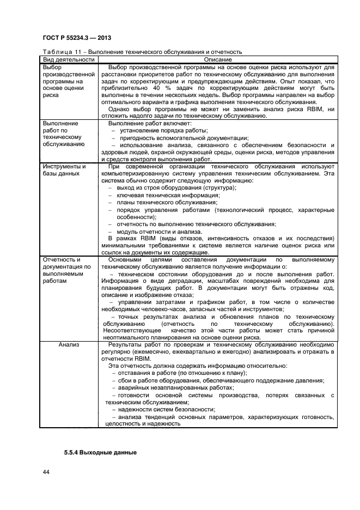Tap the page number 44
tap(46, 472)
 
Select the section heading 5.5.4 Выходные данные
tap(100, 453)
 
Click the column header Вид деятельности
tap(69, 59)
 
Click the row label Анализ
tap(69, 345)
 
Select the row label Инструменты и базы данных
tap(64, 169)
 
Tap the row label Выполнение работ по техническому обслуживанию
tap(63, 134)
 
